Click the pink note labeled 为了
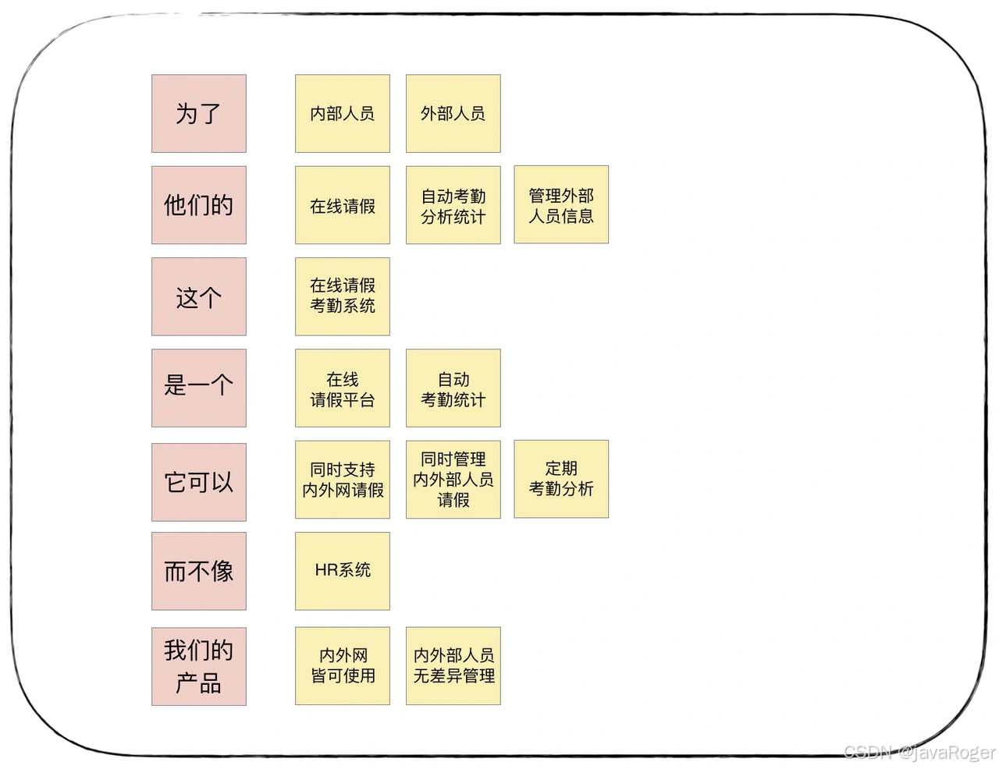click(x=198, y=114)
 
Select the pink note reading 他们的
click(x=198, y=205)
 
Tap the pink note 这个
click(x=198, y=296)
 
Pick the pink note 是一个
click(x=198, y=388)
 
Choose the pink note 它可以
click(x=198, y=482)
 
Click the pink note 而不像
click(x=198, y=571)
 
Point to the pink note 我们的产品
click(x=198, y=666)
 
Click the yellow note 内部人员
click(x=342, y=114)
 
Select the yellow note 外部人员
click(x=453, y=114)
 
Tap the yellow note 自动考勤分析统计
click(x=453, y=205)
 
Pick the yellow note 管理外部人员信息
click(x=560, y=205)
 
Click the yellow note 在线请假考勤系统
click(x=342, y=296)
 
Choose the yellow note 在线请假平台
click(x=342, y=388)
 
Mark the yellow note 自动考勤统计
click(x=453, y=388)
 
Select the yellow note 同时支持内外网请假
click(x=342, y=479)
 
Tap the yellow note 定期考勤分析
click(x=560, y=479)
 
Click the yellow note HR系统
click(x=342, y=571)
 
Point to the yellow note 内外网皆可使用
click(x=342, y=666)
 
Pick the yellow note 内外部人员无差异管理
click(x=453, y=666)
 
